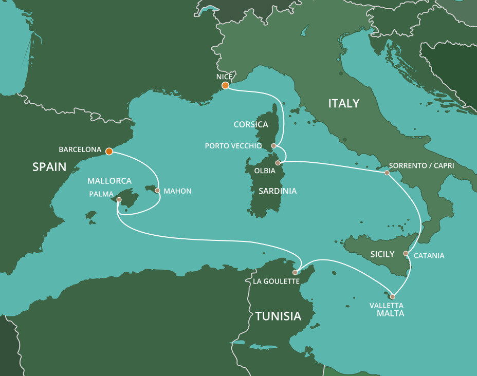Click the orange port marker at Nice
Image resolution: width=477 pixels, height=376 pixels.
click(x=225, y=85)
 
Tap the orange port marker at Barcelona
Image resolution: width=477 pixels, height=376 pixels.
click(x=109, y=151)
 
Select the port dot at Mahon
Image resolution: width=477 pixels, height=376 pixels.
click(x=157, y=191)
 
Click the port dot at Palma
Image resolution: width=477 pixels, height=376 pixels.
click(x=119, y=199)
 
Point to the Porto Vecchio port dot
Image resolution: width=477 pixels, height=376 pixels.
click(x=274, y=146)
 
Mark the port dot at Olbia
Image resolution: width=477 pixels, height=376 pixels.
click(x=278, y=163)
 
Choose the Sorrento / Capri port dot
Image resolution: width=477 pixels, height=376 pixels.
click(x=387, y=173)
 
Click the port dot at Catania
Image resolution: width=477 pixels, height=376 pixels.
click(x=406, y=253)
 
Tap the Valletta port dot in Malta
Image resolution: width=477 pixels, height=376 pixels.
click(x=393, y=296)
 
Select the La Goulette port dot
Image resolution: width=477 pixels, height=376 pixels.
click(x=295, y=272)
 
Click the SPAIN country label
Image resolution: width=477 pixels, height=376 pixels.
click(x=49, y=167)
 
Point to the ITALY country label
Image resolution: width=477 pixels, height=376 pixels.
click(x=344, y=104)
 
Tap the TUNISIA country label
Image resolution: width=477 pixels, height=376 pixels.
click(x=278, y=316)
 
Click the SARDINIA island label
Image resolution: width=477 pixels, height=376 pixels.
click(x=278, y=191)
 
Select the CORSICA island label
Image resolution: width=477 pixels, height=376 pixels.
click(x=251, y=125)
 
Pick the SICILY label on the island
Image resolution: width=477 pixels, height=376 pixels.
click(x=382, y=254)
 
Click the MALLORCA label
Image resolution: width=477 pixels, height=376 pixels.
click(x=109, y=181)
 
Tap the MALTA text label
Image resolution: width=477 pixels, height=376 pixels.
click(x=391, y=313)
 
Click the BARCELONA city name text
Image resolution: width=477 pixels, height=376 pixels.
click(x=80, y=150)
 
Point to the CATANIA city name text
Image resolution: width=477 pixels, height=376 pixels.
click(x=429, y=255)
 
